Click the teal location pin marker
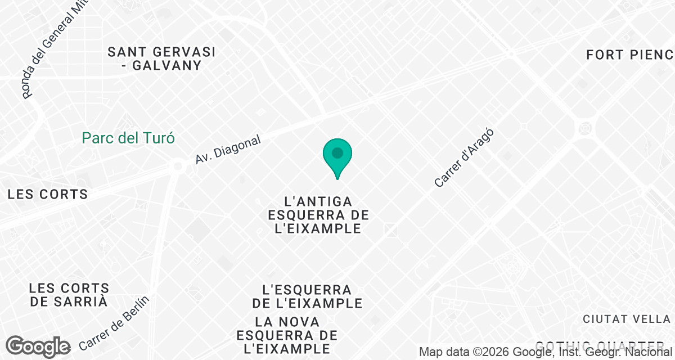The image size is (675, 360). pos(337,154)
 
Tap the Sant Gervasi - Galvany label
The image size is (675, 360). pos(162,58)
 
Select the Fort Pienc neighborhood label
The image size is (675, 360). pos(629,55)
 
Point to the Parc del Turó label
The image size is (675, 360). pos(128,138)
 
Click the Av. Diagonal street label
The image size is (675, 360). pos(228,150)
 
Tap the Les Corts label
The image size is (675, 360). pos(48,195)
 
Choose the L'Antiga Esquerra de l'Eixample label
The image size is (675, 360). pos(318,215)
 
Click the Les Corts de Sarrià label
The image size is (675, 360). pos(69,295)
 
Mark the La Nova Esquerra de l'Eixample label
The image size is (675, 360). pos(287,335)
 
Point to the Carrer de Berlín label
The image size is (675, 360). pos(115,322)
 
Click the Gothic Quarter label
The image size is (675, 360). pos(599,344)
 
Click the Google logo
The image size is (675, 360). pos(38,346)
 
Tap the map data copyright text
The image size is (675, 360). pos(546,352)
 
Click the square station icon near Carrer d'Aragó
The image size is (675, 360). pos(391,229)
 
